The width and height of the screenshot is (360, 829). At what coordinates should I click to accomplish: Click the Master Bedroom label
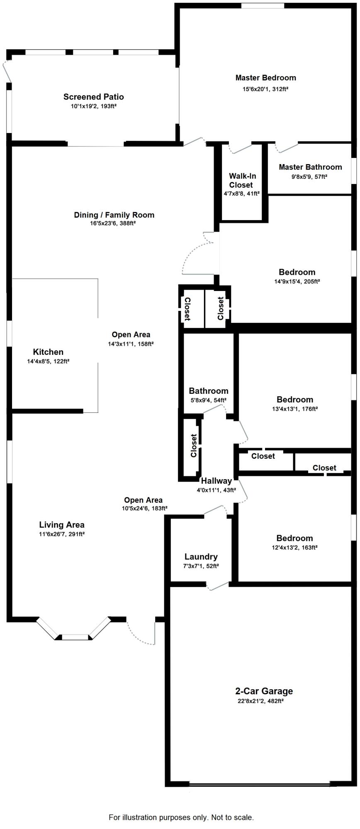coord(265,78)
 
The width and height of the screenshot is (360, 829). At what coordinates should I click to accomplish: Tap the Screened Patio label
coord(93,97)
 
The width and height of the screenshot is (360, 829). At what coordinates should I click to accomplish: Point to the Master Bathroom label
coord(310,167)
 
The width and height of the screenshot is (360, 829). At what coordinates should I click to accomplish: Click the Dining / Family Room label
coord(114,215)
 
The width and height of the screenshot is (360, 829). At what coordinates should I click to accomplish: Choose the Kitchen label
coord(48,352)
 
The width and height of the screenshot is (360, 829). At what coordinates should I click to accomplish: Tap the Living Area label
coord(62,525)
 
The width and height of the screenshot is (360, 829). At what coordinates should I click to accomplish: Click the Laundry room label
coord(201,557)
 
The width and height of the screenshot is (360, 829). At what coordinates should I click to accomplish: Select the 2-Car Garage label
coord(264,691)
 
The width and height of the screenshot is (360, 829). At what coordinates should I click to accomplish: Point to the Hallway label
coord(216,481)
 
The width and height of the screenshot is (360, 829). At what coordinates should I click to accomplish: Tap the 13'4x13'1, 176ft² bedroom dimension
coord(294,409)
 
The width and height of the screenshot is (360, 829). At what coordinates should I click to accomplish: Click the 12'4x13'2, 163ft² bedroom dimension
coord(294,547)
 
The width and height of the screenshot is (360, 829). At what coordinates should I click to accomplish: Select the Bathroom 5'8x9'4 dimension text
coord(208,400)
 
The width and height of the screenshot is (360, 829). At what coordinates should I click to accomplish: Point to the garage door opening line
coord(260,784)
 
